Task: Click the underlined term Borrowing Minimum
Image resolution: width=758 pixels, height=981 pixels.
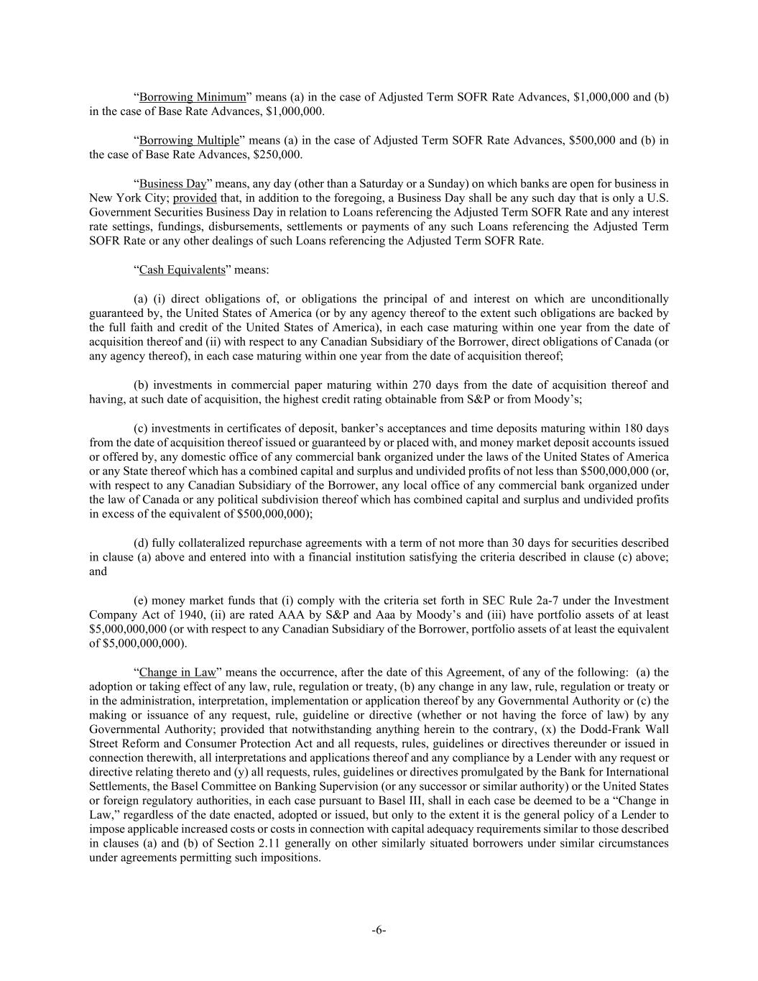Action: click(192, 97)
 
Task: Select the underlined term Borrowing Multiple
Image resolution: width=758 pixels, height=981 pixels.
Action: click(188, 140)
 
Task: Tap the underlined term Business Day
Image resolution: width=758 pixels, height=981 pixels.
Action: click(172, 183)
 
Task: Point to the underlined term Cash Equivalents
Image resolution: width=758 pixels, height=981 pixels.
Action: click(182, 270)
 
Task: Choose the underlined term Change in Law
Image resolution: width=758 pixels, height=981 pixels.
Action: click(177, 672)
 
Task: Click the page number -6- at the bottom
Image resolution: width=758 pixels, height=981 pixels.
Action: click(379, 930)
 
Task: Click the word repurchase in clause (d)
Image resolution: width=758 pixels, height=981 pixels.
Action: click(269, 543)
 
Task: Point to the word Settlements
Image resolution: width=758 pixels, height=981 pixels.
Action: click(116, 786)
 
